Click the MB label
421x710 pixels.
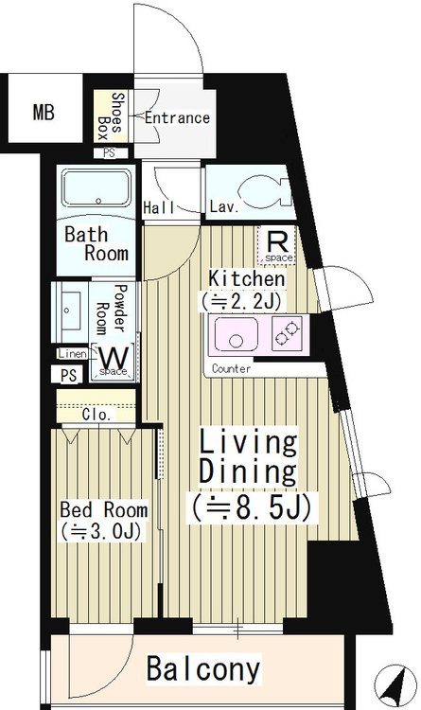point(44,112)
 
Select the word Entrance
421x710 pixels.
point(177,118)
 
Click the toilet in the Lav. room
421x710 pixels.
point(264,191)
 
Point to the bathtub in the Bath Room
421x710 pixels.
point(96,188)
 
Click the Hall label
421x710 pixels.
point(159,208)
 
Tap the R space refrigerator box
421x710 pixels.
point(276,245)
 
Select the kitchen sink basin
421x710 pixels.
point(236,334)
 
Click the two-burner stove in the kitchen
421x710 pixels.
point(287,333)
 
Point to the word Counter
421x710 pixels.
point(231,369)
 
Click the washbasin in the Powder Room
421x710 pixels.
point(70,311)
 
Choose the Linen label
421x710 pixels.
point(73,354)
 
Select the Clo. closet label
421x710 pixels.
point(96,415)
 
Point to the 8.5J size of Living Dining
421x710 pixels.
point(251,508)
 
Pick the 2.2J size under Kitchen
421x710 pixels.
point(242,301)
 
